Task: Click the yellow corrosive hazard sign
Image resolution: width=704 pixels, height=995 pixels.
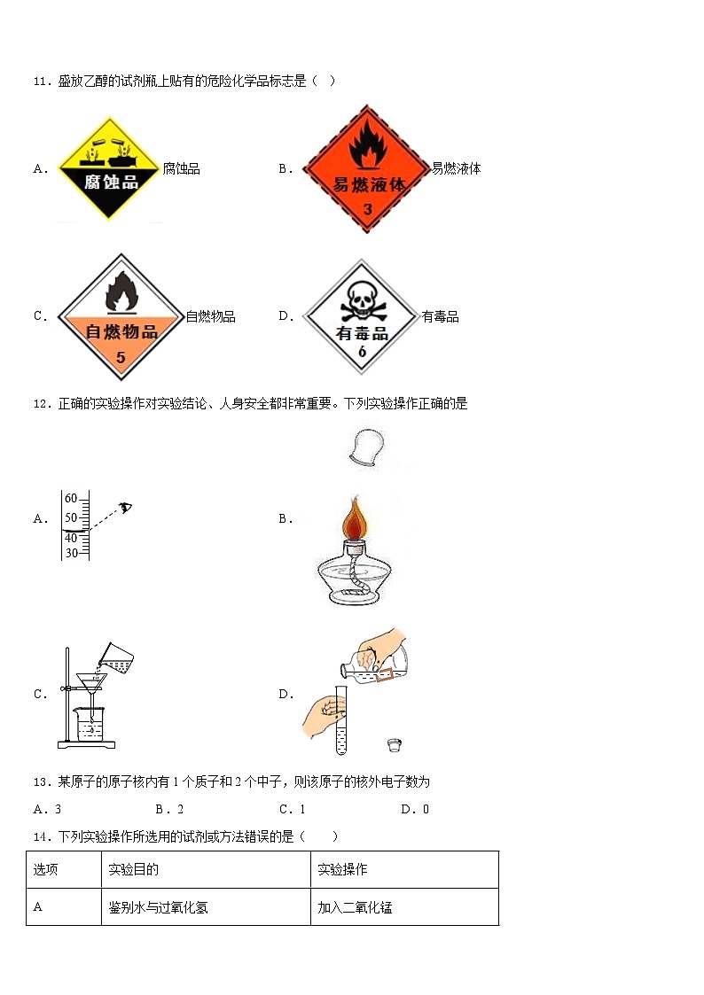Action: pyautogui.click(x=109, y=168)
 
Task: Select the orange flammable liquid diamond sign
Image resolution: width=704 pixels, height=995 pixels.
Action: pyautogui.click(x=368, y=168)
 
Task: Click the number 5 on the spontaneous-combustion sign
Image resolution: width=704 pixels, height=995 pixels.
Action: pyautogui.click(x=121, y=356)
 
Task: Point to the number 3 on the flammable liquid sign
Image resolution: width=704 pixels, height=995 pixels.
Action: pyautogui.click(x=368, y=209)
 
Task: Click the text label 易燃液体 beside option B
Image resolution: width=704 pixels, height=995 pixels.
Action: pyautogui.click(x=456, y=168)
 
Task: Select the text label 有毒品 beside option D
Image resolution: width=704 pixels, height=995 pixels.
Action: pyautogui.click(x=440, y=316)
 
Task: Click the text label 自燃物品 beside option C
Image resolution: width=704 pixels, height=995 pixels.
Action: pyautogui.click(x=210, y=316)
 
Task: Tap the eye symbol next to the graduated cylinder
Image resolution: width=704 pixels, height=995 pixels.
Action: pyautogui.click(x=126, y=507)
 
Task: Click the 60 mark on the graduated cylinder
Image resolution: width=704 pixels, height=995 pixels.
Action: pyautogui.click(x=71, y=498)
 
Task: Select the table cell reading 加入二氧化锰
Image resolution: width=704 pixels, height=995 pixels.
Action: pyautogui.click(x=355, y=907)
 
